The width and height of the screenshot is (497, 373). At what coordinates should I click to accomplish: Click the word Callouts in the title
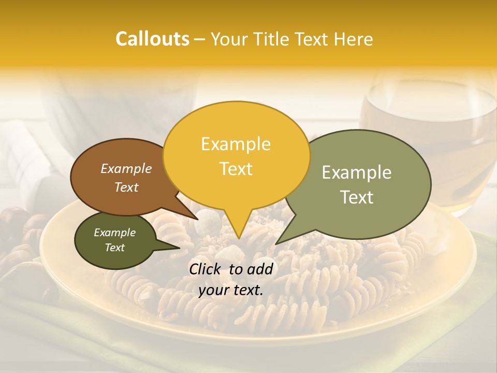click(152, 39)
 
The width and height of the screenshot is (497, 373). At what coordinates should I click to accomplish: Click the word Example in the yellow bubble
click(236, 144)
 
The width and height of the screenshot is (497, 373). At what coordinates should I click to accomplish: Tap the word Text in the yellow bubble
click(236, 168)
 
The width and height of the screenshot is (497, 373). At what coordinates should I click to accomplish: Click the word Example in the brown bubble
click(126, 168)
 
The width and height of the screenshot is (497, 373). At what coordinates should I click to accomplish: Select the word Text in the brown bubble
click(126, 187)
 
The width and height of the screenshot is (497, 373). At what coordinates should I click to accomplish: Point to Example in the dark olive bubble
click(114, 233)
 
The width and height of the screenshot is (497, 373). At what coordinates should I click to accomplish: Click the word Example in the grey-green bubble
click(357, 172)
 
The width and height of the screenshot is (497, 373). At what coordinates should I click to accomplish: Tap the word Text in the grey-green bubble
click(357, 197)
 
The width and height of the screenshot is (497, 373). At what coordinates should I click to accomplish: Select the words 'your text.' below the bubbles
click(231, 290)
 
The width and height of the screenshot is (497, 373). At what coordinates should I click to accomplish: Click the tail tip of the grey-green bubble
click(277, 243)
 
